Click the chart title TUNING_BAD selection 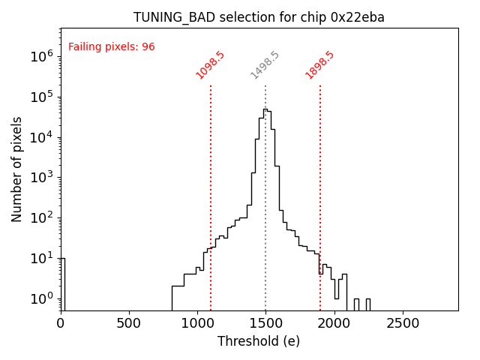point(259,17)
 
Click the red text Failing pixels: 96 point(111,46)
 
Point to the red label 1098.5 point(210,65)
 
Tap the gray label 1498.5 point(265,65)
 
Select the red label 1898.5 point(319,65)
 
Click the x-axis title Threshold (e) point(259,341)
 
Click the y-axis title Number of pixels point(17,169)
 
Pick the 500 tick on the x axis point(129,324)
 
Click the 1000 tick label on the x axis point(197,324)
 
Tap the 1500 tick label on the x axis point(266,324)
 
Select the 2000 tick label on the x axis point(334,324)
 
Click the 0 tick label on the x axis point(61,324)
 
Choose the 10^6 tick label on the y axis point(40,56)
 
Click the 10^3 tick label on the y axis point(40,178)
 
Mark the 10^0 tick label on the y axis point(40,298)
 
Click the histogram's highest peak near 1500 point(265,109)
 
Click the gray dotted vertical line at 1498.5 point(265,210)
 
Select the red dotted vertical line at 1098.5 point(211,187)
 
